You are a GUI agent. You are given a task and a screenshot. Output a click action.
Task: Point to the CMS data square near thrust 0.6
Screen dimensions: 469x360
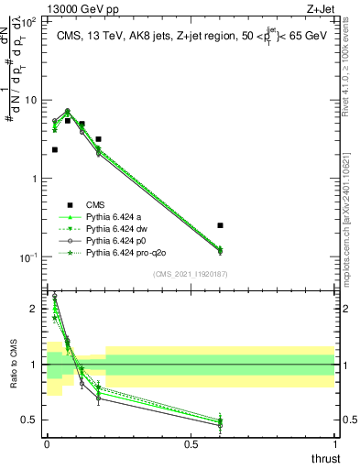click(x=220, y=224)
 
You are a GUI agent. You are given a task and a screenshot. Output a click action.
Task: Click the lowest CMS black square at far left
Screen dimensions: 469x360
click(x=55, y=149)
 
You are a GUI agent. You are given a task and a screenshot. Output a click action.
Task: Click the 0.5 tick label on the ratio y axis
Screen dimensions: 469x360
click(x=32, y=420)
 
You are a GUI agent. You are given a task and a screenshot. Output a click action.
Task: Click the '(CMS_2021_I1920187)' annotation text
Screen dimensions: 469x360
click(x=191, y=273)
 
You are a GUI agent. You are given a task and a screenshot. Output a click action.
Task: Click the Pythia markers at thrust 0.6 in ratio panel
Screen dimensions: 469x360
click(x=220, y=422)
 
